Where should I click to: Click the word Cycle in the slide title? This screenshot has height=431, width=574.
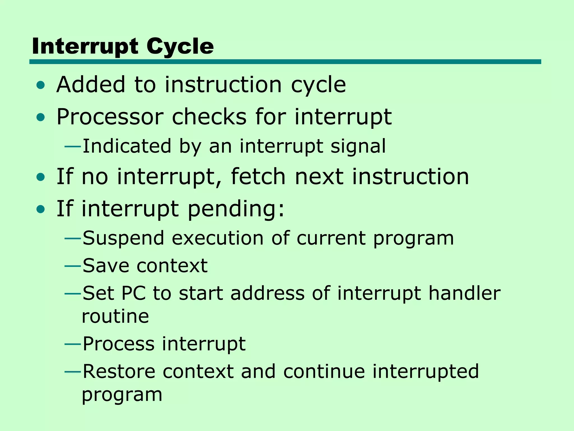(180, 47)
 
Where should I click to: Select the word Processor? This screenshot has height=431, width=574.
(110, 117)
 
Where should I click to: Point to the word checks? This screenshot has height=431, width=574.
(209, 117)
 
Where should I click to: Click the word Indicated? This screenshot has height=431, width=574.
(127, 146)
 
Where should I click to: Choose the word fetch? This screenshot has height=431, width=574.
(258, 176)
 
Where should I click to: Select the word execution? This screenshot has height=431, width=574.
(217, 238)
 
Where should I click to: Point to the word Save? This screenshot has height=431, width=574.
(106, 266)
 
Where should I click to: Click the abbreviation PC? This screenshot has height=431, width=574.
(134, 294)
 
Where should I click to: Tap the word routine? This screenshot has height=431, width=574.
(115, 317)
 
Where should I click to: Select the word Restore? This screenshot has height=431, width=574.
(119, 372)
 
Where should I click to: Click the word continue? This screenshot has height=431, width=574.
(324, 372)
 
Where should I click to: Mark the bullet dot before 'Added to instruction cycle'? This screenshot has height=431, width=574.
(41, 85)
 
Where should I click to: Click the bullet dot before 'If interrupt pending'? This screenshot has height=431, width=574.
(41, 209)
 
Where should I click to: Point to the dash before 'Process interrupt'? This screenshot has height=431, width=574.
(73, 344)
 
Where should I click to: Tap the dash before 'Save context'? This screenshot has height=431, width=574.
(73, 266)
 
